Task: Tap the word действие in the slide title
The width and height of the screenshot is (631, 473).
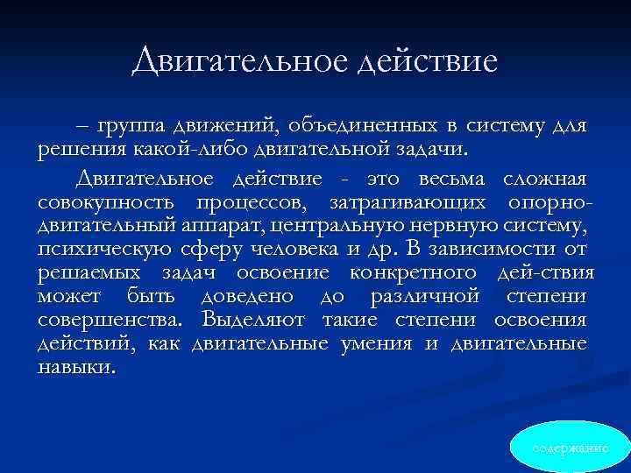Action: pyautogui.click(x=428, y=61)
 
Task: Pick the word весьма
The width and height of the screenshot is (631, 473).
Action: pyautogui.click(x=440, y=180)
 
